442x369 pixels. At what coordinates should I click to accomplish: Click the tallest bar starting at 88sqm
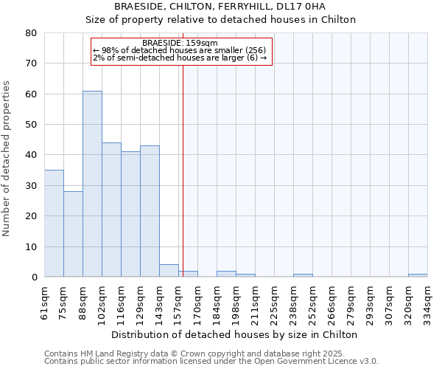(92, 184)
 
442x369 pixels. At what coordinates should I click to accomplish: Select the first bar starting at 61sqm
(54, 224)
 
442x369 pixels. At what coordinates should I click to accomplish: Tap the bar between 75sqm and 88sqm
(73, 234)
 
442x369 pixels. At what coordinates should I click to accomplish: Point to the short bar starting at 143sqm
(169, 271)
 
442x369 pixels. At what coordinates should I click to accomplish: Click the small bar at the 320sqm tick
(418, 275)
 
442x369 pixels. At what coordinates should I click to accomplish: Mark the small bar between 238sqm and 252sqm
(303, 275)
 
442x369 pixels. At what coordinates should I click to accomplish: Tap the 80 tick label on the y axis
(31, 33)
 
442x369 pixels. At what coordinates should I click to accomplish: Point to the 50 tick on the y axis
(31, 125)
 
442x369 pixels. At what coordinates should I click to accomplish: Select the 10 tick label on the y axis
(31, 246)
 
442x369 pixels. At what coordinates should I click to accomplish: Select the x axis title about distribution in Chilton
(236, 334)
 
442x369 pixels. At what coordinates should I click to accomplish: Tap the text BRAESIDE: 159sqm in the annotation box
(180, 43)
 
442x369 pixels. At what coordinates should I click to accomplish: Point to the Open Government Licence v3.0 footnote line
(211, 362)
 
